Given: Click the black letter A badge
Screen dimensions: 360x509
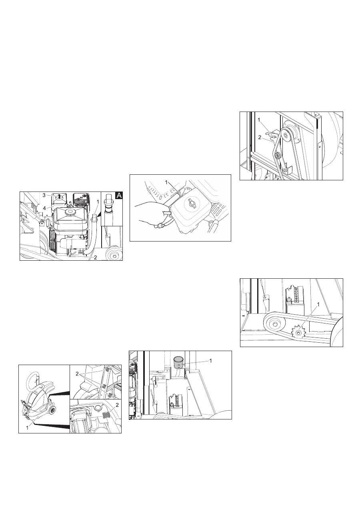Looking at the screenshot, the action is tap(119, 196).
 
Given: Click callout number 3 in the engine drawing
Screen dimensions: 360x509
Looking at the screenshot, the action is tap(44, 195).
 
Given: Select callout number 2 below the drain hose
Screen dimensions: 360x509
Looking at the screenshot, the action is tap(96, 257).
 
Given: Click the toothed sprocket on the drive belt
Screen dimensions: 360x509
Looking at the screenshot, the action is tap(298, 333).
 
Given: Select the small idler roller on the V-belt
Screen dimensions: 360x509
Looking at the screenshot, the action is tap(277, 156).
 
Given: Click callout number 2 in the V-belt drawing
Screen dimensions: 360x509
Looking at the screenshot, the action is tap(260, 138).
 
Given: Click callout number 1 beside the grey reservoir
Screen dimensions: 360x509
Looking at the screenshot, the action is tap(210, 361).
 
